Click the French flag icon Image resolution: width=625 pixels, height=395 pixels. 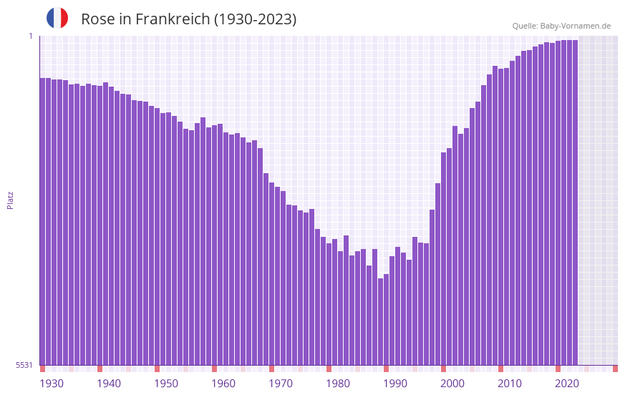pos(57,18)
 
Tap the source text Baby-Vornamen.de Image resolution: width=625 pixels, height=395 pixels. pos(575,26)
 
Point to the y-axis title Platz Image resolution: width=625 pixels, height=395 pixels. pos(10,200)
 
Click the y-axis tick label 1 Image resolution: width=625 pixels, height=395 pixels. pos(30,36)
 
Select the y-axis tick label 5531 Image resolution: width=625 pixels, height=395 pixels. pos(24,365)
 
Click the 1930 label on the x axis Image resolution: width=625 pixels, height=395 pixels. pos(52,384)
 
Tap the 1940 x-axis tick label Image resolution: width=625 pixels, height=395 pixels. pos(109,384)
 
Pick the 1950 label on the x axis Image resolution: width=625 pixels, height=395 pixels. pos(166,384)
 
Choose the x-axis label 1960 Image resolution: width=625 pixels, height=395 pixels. pos(223,384)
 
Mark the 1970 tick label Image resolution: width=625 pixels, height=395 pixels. pos(281,384)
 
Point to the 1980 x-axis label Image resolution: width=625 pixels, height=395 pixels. pos(338,384)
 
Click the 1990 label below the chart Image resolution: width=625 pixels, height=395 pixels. pos(395,384)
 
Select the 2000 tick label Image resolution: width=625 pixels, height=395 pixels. pos(452,384)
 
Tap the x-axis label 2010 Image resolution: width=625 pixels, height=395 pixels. pos(510,384)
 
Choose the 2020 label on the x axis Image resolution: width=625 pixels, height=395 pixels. pos(567,384)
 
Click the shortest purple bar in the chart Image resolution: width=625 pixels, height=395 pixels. pos(381,322)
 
